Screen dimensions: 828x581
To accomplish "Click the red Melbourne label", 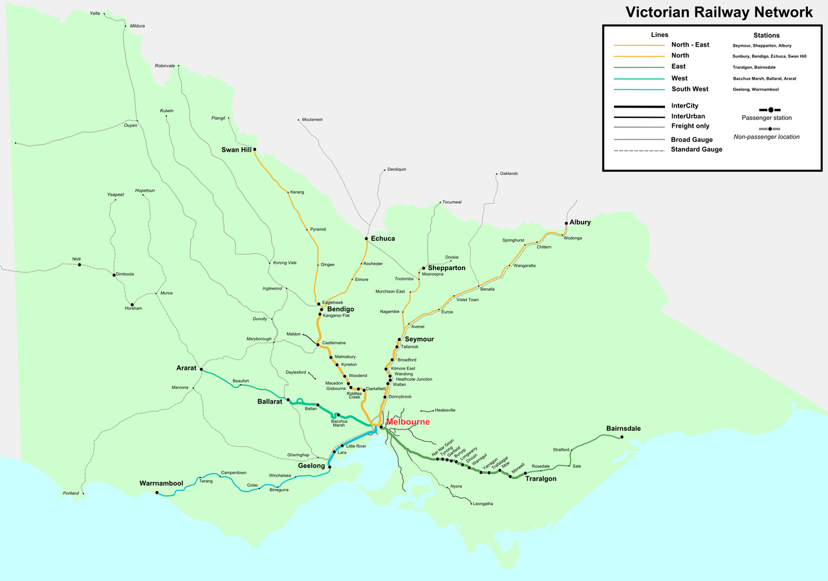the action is coord(408,422).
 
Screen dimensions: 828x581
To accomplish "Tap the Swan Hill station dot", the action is coord(254,150).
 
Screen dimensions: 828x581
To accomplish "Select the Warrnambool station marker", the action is coord(157,492).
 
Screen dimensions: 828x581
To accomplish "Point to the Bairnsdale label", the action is coord(623,429).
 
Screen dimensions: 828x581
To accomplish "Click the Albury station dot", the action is coord(566,223).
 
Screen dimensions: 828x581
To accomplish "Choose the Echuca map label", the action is coord(382,239).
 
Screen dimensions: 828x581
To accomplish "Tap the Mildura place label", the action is coord(137,26).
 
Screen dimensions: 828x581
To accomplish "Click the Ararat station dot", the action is coord(201,369).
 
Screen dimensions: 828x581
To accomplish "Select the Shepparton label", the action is coord(446,268).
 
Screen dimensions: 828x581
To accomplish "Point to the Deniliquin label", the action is coord(397,170).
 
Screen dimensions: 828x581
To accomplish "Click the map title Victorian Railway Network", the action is coord(719,12).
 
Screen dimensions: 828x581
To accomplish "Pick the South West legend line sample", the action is coord(639,89).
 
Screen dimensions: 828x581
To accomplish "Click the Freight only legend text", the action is coord(690,126).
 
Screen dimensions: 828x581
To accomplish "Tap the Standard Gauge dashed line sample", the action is coord(639,151).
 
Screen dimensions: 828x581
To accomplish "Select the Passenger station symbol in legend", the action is coord(770,110).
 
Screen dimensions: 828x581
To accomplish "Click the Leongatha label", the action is coord(483,504).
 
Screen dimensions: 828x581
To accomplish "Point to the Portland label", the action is coord(71,494).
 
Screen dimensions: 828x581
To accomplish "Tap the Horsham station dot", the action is coord(133,304).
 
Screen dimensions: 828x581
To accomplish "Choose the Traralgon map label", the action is coord(541,479).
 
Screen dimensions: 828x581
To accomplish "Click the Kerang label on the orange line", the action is coord(297,192).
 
